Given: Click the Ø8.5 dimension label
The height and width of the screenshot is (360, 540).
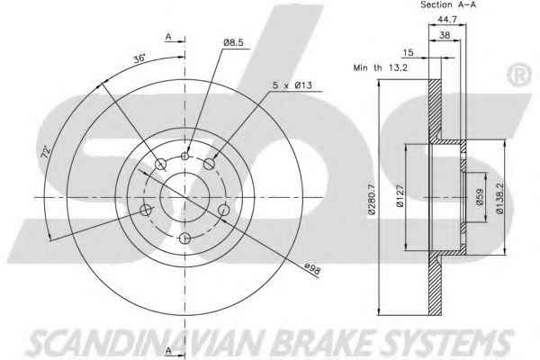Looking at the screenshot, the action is click(x=233, y=42).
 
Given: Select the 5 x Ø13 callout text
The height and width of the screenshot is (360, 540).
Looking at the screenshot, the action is click(x=292, y=85).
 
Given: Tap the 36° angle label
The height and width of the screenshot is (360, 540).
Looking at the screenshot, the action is click(x=139, y=58).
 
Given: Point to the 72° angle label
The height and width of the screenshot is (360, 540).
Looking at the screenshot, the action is click(x=46, y=151).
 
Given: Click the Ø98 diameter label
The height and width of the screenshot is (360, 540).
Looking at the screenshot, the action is click(x=312, y=269).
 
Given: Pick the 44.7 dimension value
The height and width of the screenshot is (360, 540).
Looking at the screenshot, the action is click(x=446, y=20).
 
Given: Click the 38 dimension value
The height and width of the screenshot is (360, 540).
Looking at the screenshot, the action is click(x=445, y=35).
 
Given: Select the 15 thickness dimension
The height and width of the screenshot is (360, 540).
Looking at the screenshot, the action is click(x=408, y=53).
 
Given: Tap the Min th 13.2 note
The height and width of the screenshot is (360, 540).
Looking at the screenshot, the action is click(x=380, y=67).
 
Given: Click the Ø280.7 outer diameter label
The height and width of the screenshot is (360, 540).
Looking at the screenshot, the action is click(x=371, y=198).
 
